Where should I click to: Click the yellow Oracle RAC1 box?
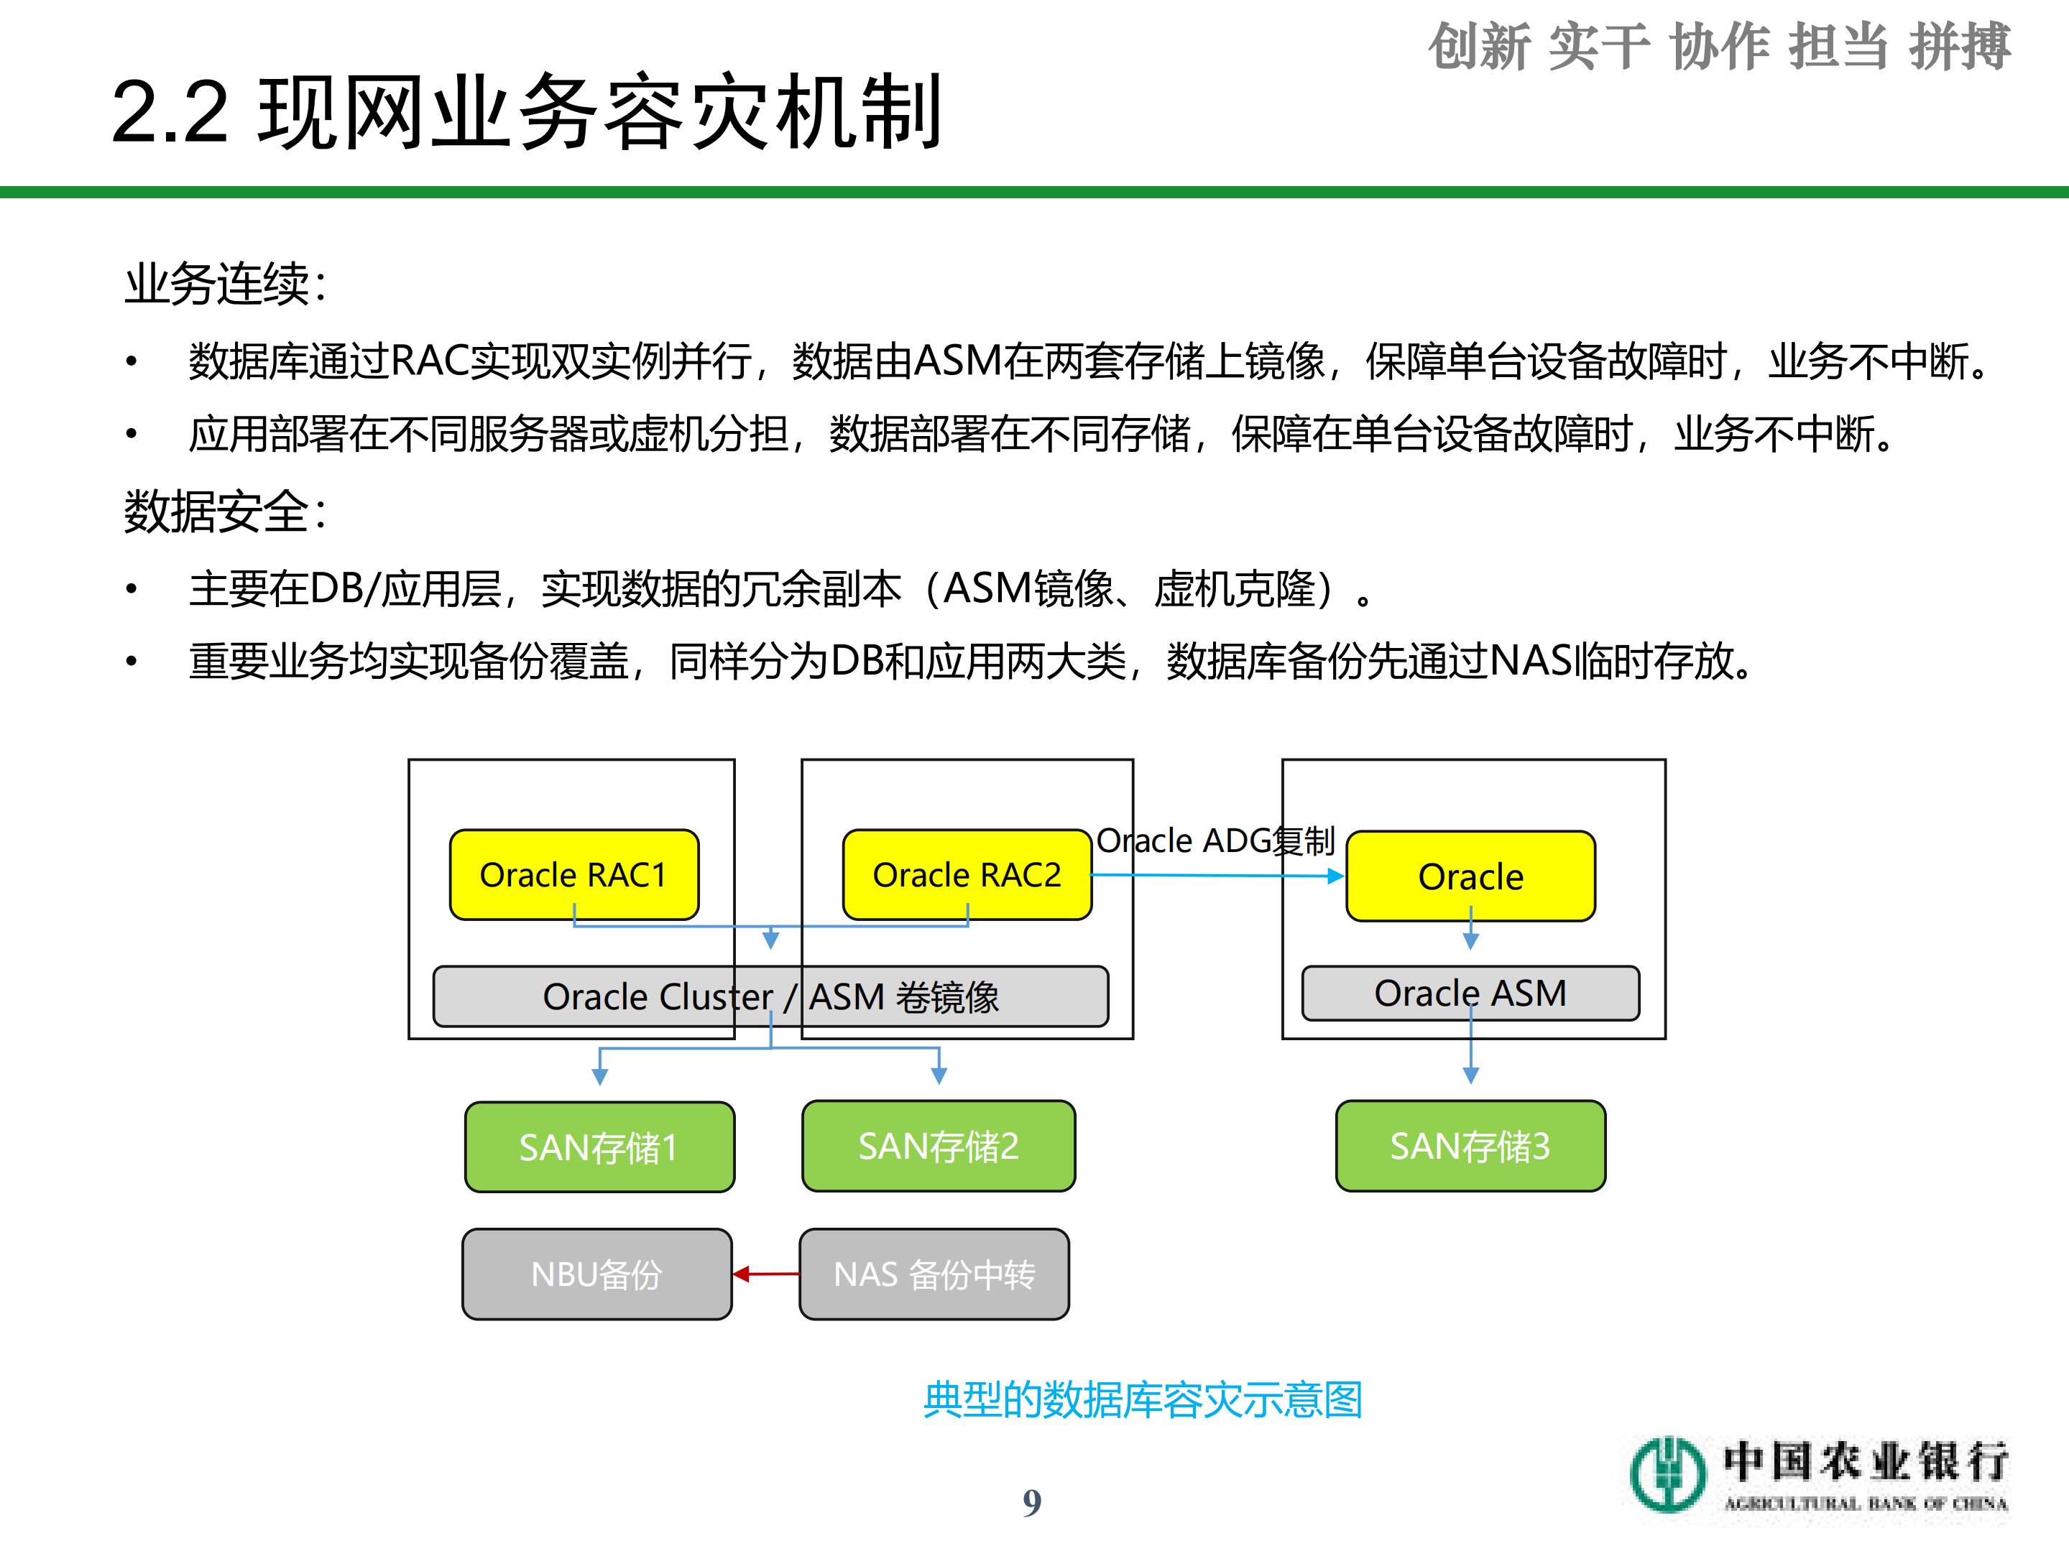point(573,874)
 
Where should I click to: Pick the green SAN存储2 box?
point(938,1145)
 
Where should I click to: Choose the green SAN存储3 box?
point(1470,1145)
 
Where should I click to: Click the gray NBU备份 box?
point(596,1273)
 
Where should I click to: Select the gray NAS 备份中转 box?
point(934,1273)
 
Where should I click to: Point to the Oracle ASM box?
point(1470,993)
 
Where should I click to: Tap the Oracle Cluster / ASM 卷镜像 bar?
point(770,996)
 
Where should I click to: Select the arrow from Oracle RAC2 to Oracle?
point(1216,875)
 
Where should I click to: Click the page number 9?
point(1032,1502)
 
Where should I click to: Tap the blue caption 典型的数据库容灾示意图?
point(1142,1399)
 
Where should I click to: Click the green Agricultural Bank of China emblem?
point(1668,1474)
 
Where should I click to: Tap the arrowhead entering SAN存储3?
point(1470,1076)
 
